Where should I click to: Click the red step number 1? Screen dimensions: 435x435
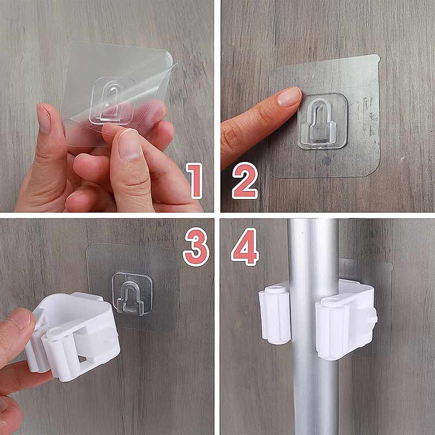coord(195,181)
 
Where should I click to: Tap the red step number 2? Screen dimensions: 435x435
coord(245,181)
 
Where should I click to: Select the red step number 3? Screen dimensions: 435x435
coord(196,247)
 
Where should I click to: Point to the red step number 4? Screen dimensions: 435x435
coord(245,247)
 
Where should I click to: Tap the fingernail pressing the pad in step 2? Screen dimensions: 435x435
coord(289,97)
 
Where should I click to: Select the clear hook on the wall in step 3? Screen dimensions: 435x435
coord(132,294)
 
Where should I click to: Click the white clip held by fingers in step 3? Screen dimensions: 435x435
coord(73,335)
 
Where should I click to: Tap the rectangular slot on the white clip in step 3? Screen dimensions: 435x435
coord(83,358)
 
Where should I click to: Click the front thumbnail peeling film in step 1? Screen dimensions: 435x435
coord(129,144)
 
